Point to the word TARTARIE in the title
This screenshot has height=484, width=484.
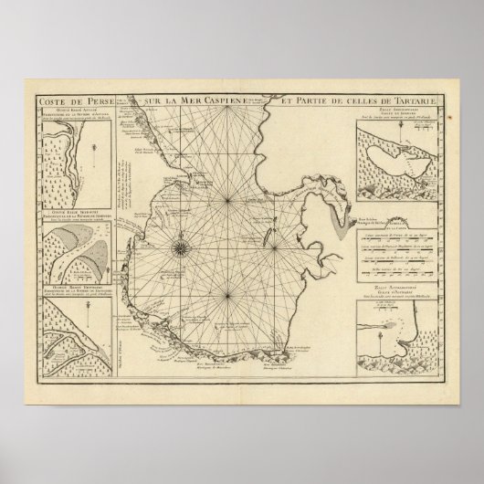click(x=416, y=101)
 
